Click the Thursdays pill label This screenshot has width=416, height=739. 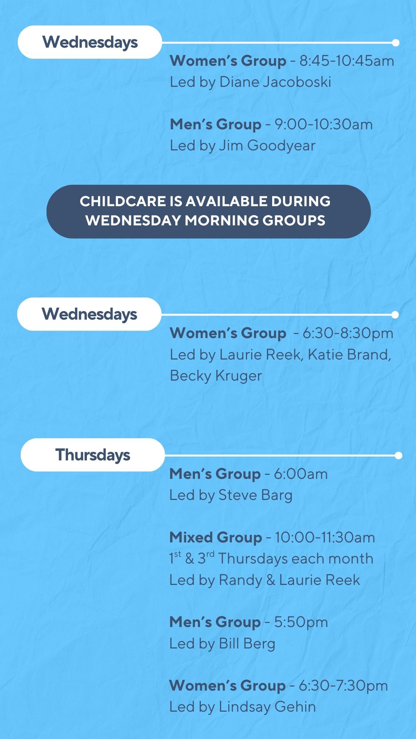tap(92, 455)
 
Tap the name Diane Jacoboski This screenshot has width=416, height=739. tap(275, 82)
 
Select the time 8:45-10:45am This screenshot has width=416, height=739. tap(347, 61)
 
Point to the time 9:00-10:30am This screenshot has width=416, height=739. tap(324, 125)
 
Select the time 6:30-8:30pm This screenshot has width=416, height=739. tap(348, 333)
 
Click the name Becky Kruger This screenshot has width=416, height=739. tap(216, 376)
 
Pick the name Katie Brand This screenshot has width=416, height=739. tap(348, 355)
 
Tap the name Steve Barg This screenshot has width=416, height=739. tap(256, 495)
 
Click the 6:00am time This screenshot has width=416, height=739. tap(301, 474)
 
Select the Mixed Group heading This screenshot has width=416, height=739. tap(216, 538)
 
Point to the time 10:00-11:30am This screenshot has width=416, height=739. tap(325, 538)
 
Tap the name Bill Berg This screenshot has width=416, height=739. tap(247, 644)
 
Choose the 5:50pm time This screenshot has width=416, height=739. tap(301, 623)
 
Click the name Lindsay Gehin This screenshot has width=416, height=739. tap(267, 707)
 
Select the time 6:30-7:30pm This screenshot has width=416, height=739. tap(343, 686)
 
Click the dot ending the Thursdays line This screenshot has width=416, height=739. tap(398, 455)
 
